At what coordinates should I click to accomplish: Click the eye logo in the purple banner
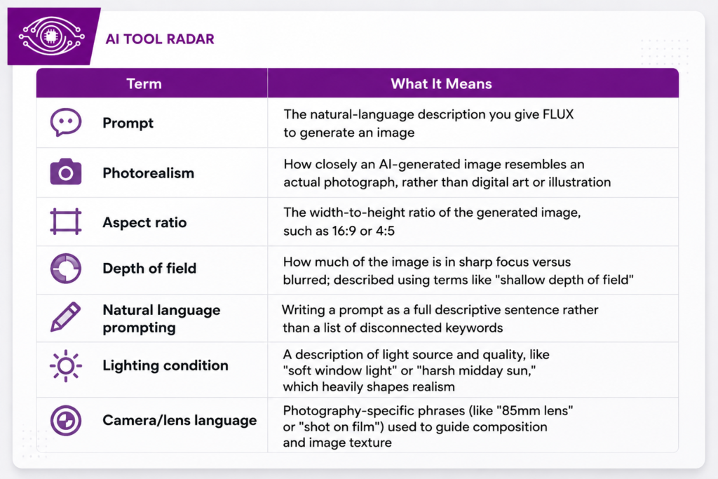coord(51,36)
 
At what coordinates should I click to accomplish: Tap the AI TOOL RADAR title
coord(160,39)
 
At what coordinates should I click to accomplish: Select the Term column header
coord(144,83)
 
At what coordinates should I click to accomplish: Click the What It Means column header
coord(441,83)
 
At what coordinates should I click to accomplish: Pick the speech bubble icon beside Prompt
coord(66,122)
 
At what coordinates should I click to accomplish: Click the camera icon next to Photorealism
coord(66,172)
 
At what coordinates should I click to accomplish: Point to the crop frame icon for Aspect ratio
coord(66,222)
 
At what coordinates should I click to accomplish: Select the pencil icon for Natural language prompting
coord(65,317)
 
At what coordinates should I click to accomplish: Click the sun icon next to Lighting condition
coord(66,365)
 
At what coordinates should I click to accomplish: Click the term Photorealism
coord(149,173)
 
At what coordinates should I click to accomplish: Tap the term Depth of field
coord(149,269)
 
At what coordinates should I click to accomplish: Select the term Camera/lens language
coord(179,420)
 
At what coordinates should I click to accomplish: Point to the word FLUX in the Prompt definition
coord(558,114)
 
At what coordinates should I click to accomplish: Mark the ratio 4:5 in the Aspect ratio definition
coord(385,231)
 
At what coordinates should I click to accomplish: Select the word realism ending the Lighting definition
coord(432,387)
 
